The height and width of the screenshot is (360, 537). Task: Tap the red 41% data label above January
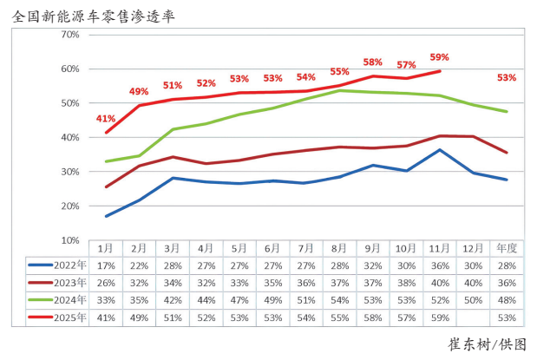pyautogui.click(x=106, y=118)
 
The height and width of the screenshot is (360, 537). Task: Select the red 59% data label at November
pyautogui.click(x=440, y=58)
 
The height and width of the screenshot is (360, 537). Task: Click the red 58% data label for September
pyautogui.click(x=373, y=62)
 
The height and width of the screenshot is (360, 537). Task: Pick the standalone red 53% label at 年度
pyautogui.click(x=507, y=77)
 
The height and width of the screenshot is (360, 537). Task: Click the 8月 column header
pyautogui.click(x=339, y=248)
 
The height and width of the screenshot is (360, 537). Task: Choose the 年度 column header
pyautogui.click(x=507, y=248)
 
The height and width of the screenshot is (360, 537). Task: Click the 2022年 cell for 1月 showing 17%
pyautogui.click(x=106, y=265)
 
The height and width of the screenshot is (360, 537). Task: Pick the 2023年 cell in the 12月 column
pyautogui.click(x=473, y=283)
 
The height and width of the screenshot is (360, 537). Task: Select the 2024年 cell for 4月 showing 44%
pyautogui.click(x=206, y=300)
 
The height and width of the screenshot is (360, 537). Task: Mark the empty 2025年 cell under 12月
pyautogui.click(x=473, y=317)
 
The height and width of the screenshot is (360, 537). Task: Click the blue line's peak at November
pyautogui.click(x=440, y=150)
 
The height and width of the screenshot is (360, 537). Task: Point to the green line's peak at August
pyautogui.click(x=340, y=90)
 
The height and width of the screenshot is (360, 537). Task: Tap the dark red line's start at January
pyautogui.click(x=106, y=187)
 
